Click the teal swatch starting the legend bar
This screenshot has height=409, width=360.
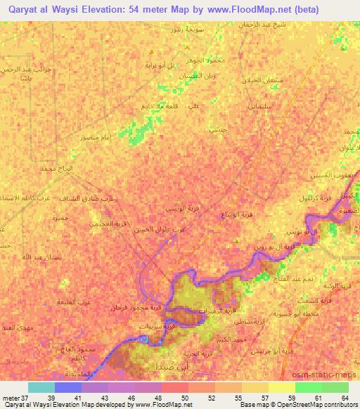click(41, 387)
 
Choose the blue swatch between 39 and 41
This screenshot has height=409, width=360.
click(68, 387)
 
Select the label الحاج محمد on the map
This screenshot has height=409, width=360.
click(57, 170)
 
